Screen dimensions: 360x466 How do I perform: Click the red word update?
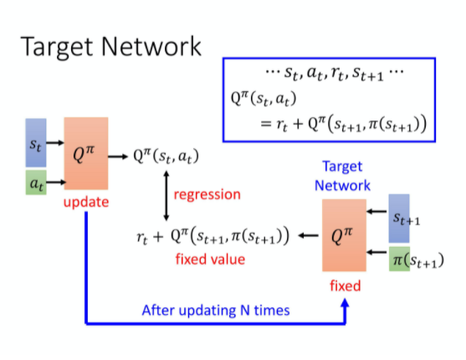(85, 203)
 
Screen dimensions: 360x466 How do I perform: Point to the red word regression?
(207, 195)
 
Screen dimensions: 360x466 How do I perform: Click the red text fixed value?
(210, 259)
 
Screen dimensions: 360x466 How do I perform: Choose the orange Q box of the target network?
(345, 237)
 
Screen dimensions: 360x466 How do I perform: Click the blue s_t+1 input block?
(402, 217)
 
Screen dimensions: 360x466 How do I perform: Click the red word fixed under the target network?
(345, 286)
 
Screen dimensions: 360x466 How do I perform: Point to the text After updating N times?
(216, 310)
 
